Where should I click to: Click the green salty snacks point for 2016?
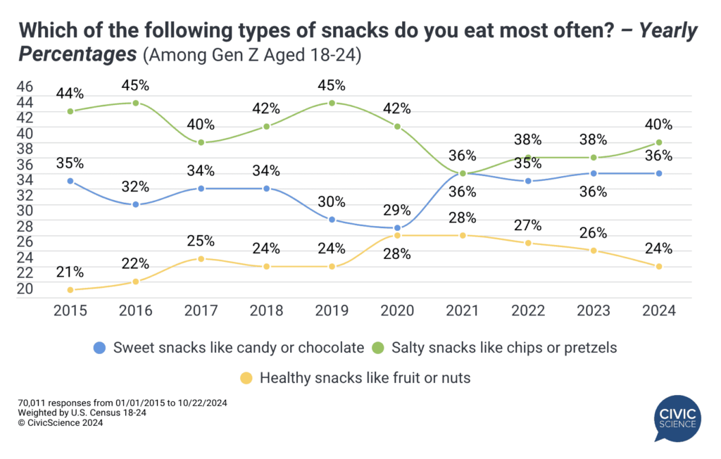[x=134, y=103]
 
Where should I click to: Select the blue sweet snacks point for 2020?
[x=397, y=227]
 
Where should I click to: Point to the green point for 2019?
[x=332, y=103]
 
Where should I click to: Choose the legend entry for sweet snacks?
[x=229, y=347]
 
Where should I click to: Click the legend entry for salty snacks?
[x=500, y=347]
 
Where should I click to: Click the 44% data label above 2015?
[x=70, y=93]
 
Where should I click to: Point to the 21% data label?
[x=70, y=272]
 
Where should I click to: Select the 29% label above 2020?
[x=397, y=209]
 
